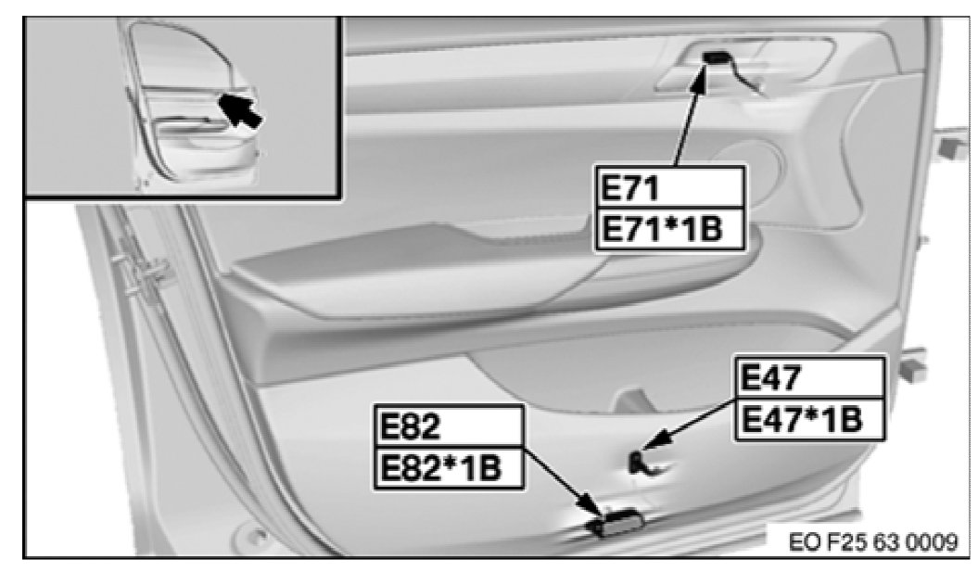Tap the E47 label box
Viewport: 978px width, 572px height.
coord(810,377)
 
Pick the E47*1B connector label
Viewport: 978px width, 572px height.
coord(810,419)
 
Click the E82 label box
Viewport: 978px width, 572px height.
coord(449,426)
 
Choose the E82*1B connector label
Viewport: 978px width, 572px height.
coord(449,468)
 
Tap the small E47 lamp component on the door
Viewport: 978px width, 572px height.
coord(638,463)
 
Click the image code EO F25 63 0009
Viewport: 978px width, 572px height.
coord(873,541)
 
